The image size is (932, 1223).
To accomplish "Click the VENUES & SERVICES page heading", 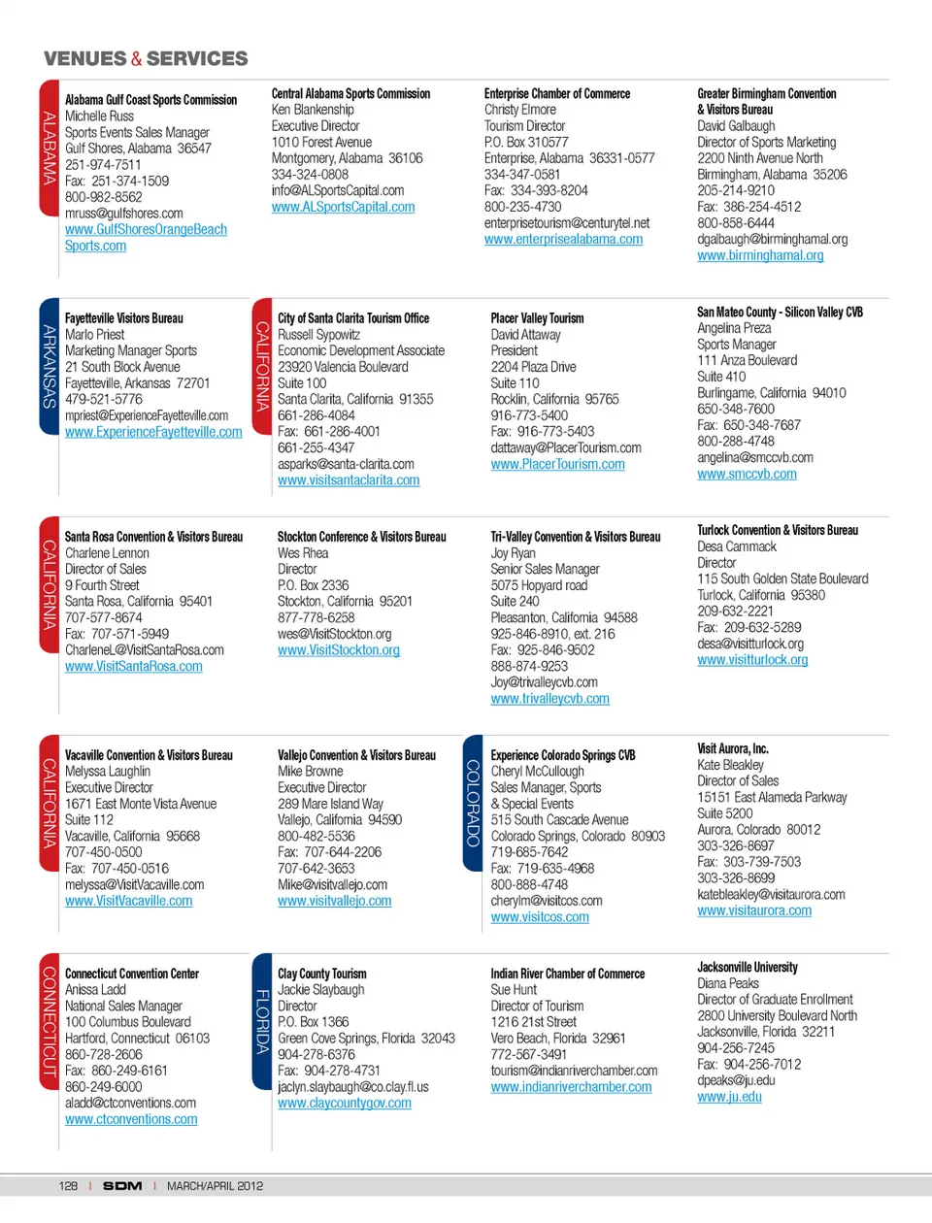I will coord(146,58).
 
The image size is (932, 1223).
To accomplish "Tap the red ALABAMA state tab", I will coord(50,148).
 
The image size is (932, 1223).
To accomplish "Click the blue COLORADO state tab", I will coord(473,803).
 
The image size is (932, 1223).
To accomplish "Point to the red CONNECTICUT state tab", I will coord(50,1020).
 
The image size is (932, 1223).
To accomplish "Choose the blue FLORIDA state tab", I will coord(261,1021).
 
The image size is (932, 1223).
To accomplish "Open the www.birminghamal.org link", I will coord(760,255).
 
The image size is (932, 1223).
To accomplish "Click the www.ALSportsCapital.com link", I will coord(343,207).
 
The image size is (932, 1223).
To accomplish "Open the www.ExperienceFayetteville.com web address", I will coord(153,432).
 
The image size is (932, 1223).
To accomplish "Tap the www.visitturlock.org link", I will coord(752,660).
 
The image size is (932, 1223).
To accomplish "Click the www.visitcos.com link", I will coord(540,917).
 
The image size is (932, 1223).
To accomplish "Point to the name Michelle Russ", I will coord(99,116).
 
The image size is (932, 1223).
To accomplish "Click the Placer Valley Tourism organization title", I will coord(537,318).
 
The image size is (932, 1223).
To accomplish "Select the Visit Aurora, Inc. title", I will coord(732,748).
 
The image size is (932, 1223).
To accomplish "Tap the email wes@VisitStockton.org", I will coord(334,634).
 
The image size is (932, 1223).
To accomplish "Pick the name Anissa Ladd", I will coord(95,990).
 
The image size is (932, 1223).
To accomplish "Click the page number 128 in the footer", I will coord(68,1186).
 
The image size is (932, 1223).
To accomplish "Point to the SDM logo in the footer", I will coord(122,1186).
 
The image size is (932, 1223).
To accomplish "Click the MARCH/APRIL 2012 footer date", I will coord(215,1186).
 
